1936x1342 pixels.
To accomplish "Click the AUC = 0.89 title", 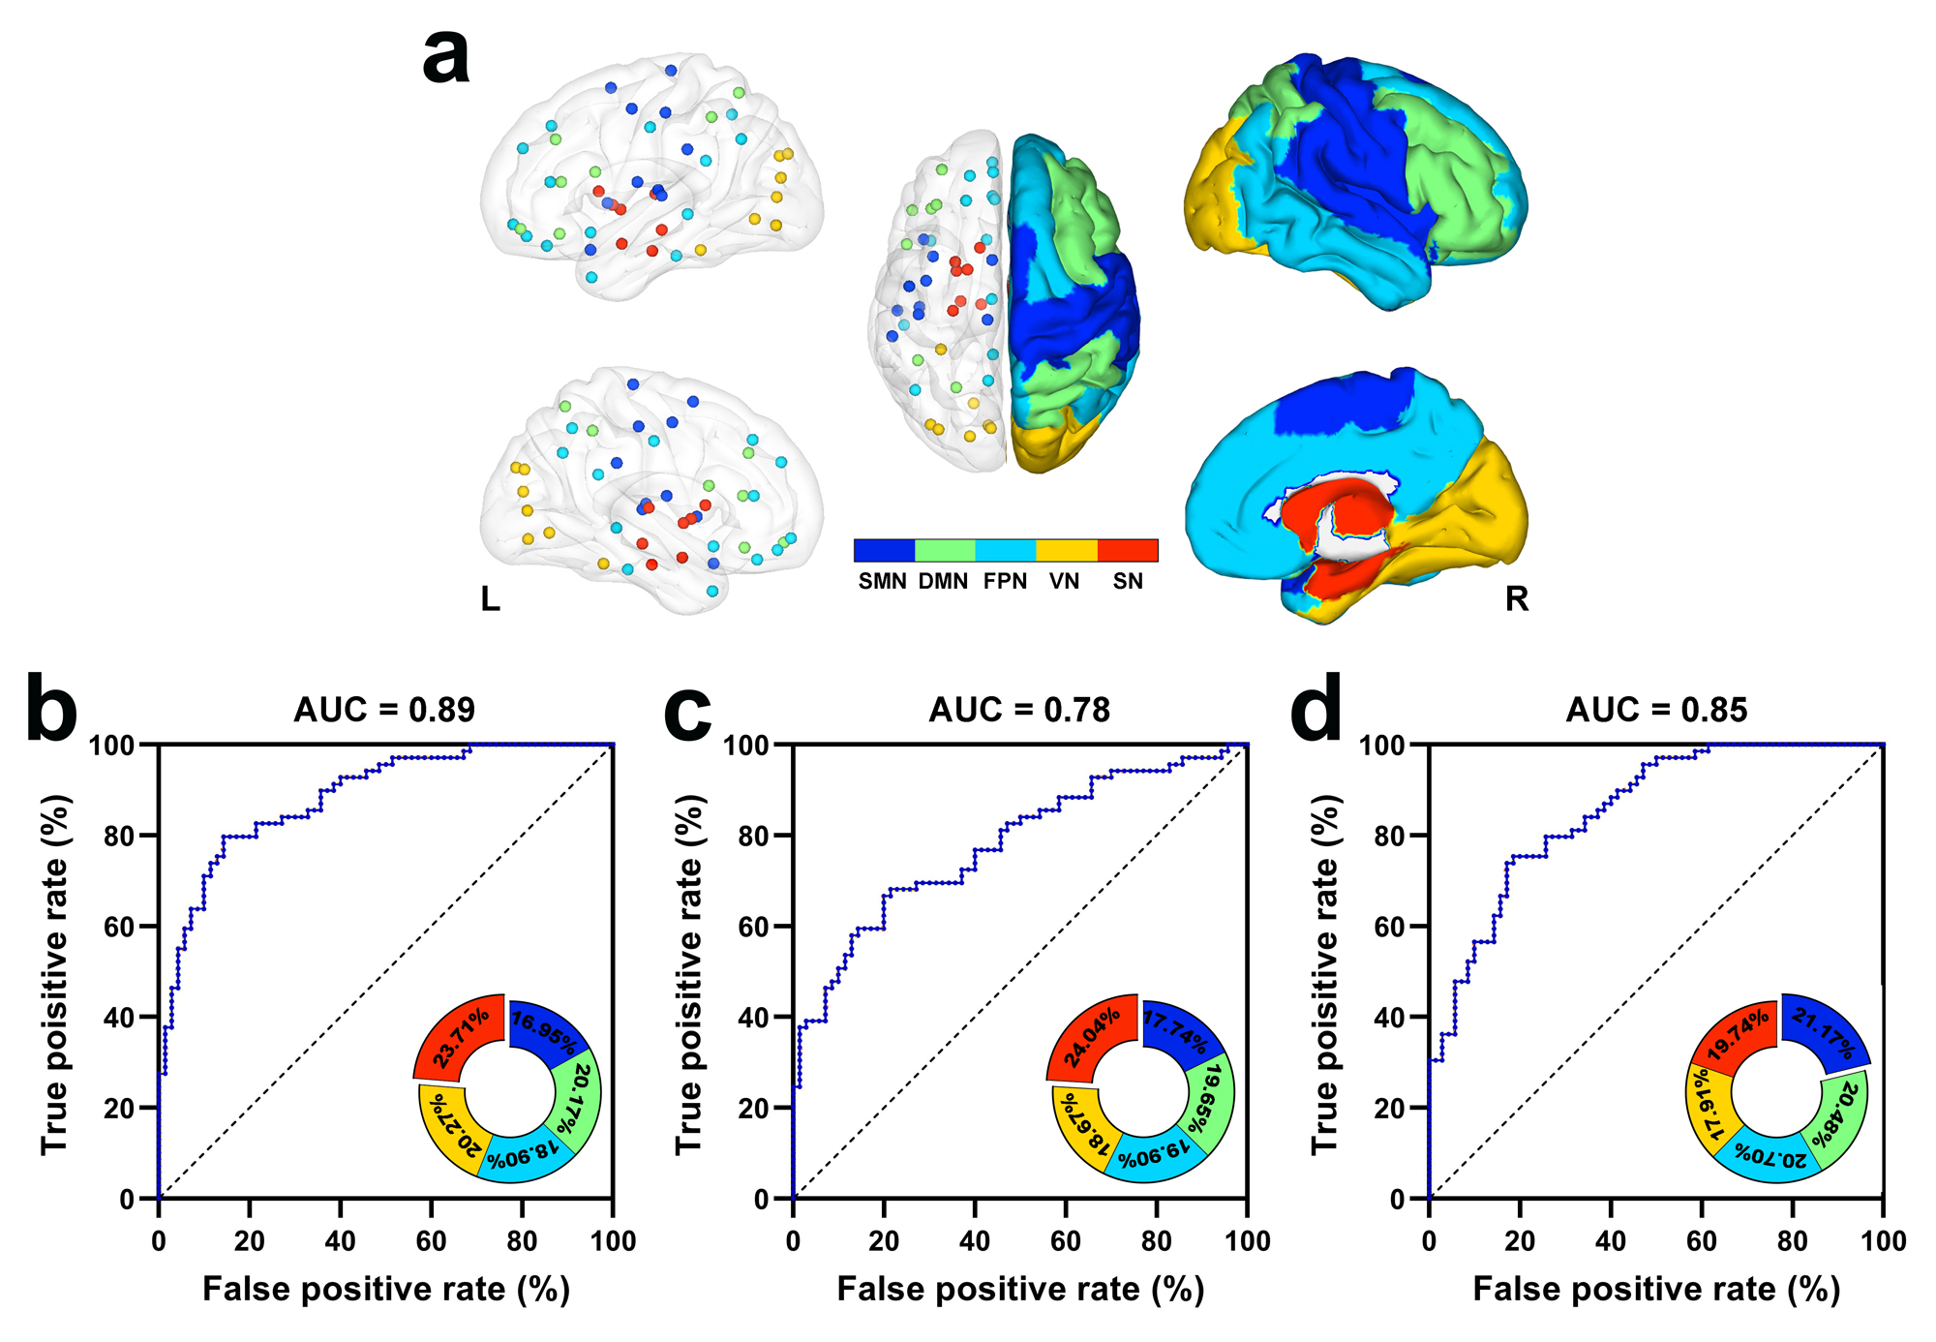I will point(384,710).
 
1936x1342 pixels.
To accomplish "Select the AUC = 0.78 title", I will point(1019,710).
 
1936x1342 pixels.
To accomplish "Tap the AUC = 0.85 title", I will point(1656,710).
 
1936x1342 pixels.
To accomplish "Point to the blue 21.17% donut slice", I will point(1824,1034).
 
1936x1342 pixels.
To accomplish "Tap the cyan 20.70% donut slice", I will point(1770,1155).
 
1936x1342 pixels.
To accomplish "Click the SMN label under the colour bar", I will point(882,581).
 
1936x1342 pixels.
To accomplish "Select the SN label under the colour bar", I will point(1128,581).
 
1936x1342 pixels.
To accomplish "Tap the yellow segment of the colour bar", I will point(1066,551).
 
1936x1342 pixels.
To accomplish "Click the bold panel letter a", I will point(446,56).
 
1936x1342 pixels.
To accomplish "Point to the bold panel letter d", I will point(1316,710).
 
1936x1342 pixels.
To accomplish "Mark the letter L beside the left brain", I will point(491,599).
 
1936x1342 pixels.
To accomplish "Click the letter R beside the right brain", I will point(1517,598).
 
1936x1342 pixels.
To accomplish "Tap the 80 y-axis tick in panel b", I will point(120,836).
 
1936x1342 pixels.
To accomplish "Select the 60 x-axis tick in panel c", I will point(1066,1240).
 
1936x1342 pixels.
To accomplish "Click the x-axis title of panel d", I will point(1655,1289).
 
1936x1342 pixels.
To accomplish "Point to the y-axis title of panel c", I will point(688,974).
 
